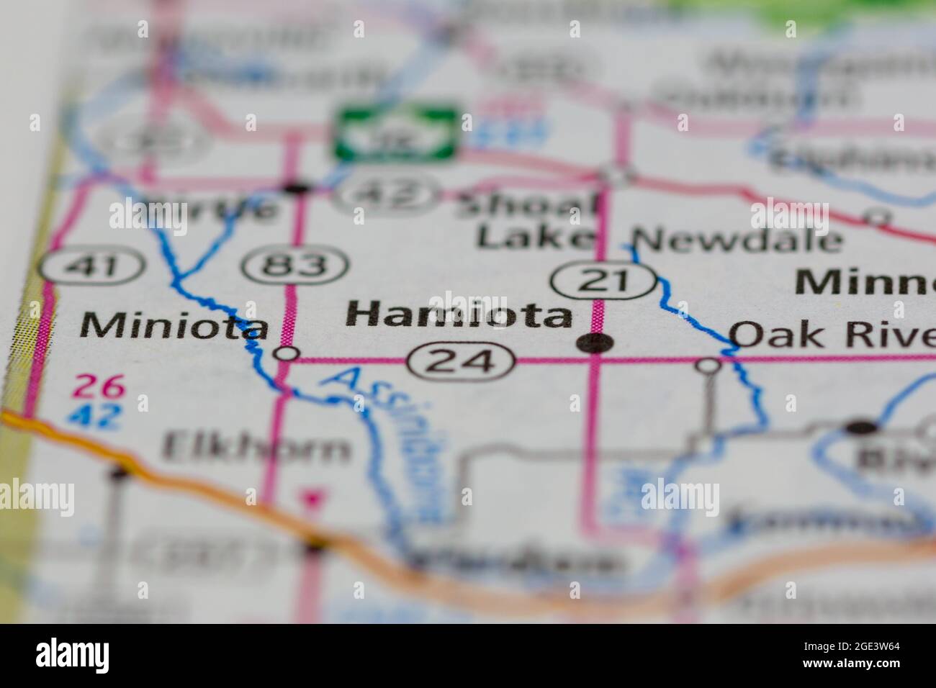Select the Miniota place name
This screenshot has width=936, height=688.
point(174,327)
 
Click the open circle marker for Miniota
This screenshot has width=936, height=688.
point(287,353)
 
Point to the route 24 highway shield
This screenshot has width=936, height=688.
point(462,361)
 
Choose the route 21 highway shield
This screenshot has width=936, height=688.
point(604,279)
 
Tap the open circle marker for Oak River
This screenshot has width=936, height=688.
point(708,366)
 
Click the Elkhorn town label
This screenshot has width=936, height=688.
point(256,448)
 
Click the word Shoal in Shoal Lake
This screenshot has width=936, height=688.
point(529,205)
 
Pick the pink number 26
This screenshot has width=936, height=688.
point(99,388)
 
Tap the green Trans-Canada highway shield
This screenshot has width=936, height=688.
point(397,134)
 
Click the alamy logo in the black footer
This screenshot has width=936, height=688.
point(73,655)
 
